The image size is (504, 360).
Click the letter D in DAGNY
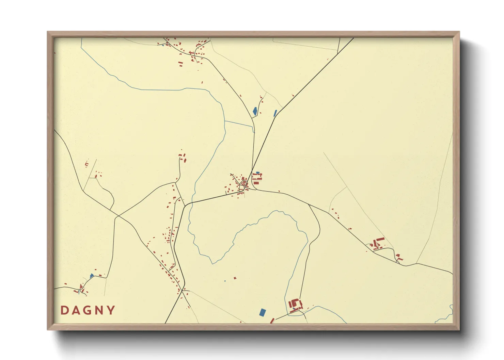pos(63,310)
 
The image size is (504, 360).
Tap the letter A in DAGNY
pos(75,310)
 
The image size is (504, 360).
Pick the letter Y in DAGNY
pos(111,310)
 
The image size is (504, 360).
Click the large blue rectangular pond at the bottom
pos(262,312)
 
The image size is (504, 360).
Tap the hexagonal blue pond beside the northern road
pos(255,111)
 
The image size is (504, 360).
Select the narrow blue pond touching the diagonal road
pos(275,113)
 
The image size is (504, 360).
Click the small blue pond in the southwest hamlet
pos(91,276)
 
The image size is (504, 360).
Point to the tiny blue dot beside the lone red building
pos(225,281)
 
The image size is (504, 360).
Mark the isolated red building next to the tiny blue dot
pos(235,278)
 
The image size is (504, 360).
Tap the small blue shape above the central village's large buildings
pos(257,173)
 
